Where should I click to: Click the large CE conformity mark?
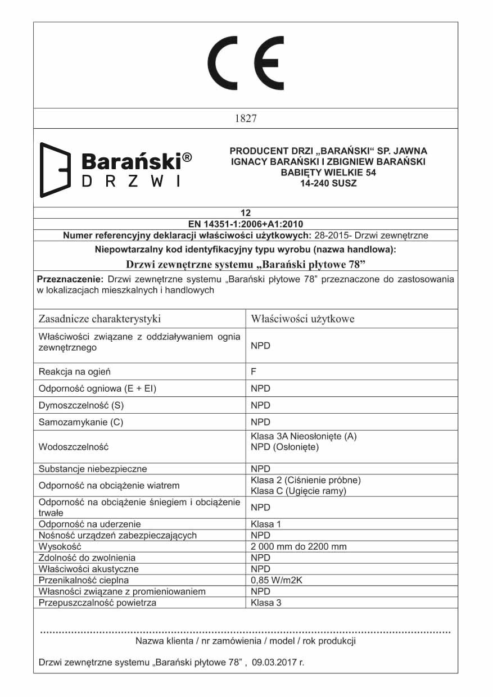(x=246, y=63)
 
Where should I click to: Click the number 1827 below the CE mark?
(x=245, y=119)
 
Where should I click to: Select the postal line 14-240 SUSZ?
(x=328, y=183)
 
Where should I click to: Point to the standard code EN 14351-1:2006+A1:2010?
(x=246, y=223)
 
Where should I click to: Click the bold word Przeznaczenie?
(x=70, y=279)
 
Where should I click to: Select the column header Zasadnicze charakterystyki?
(x=99, y=319)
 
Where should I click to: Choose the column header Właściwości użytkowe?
(x=302, y=319)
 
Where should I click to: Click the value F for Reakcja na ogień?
(x=254, y=372)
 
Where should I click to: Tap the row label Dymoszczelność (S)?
(x=80, y=405)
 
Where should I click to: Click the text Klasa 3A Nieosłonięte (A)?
(x=304, y=436)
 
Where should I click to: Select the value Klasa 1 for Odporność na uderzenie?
(x=266, y=524)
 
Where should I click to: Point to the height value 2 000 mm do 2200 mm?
(x=298, y=546)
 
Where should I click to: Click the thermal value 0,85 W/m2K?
(x=277, y=580)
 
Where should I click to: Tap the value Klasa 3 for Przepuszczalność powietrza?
(x=266, y=603)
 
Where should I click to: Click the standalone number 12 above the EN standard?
(x=245, y=212)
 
